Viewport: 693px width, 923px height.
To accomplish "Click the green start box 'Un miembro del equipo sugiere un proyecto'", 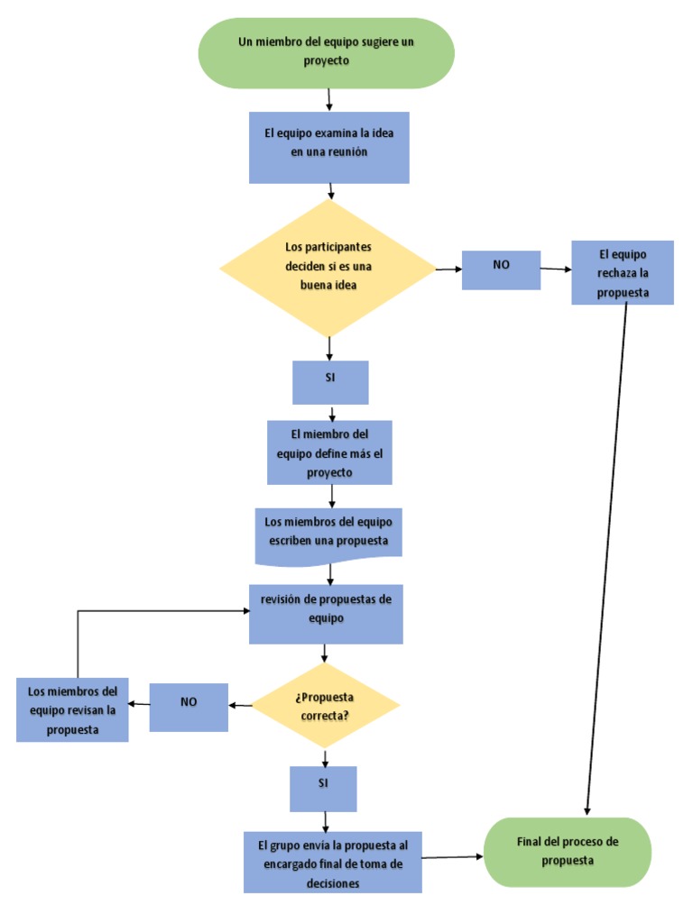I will (327, 52).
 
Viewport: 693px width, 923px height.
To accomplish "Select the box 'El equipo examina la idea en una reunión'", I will (328, 147).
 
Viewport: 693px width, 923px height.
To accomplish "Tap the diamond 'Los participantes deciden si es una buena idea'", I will (328, 267).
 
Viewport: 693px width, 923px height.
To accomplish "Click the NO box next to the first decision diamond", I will (501, 270).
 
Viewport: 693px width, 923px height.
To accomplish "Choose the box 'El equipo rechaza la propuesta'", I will (622, 272).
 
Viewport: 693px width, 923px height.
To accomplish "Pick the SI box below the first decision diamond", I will (330, 382).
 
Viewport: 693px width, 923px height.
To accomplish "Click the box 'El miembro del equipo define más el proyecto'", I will (329, 452).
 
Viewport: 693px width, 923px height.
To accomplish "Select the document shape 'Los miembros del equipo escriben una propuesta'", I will (328, 534).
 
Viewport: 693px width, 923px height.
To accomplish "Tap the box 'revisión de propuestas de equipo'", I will (326, 613).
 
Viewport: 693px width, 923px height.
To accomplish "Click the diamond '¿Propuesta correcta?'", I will (324, 706).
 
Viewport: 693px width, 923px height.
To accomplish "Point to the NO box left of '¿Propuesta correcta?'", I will (189, 707).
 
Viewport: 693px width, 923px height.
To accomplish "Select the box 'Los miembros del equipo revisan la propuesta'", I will (72, 710).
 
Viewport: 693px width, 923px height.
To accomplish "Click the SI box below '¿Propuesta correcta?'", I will (323, 789).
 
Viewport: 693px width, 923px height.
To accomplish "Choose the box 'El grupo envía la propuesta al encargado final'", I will (332, 861).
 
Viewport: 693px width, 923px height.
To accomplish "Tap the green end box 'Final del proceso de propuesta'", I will (568, 852).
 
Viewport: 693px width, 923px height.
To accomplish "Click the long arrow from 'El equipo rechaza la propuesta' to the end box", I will (607, 559).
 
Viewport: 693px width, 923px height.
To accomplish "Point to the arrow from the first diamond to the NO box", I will (448, 270).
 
